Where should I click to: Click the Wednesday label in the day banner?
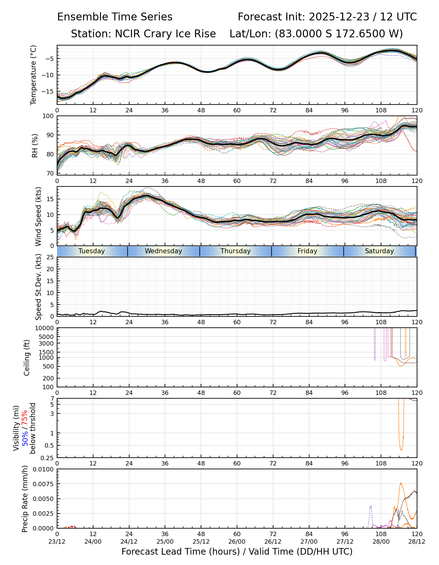pos(163,251)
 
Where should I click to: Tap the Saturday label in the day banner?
pos(379,251)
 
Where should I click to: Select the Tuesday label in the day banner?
pos(92,251)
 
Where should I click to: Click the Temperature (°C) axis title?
pos(34,75)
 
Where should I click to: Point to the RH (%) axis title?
pos(35,145)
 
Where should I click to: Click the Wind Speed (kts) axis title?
pos(38,216)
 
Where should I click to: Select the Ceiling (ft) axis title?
pos(27,358)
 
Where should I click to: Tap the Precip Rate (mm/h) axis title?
pos(25,498)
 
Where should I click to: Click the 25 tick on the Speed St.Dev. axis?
pos(50,257)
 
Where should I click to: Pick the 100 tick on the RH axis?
pos(48,116)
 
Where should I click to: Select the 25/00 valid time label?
pos(165,541)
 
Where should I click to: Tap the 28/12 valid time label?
pos(417,541)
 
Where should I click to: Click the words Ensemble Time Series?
pos(115,17)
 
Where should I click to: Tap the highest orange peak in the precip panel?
pos(401,483)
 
